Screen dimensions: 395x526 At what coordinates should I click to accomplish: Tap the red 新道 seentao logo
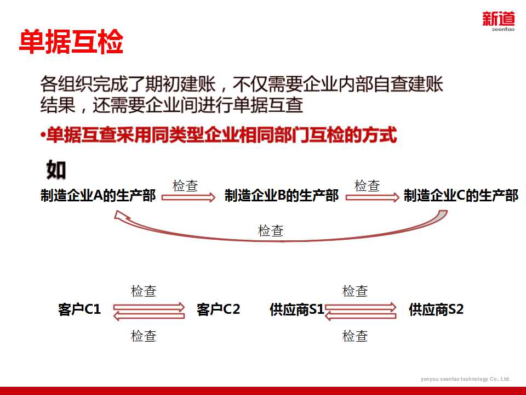(498, 22)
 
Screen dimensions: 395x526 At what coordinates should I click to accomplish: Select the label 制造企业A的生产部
(99, 196)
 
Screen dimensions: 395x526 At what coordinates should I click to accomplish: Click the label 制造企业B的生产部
(282, 196)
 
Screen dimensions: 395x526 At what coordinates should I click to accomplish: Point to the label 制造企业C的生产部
(461, 196)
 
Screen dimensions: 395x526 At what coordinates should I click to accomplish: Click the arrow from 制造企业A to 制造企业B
(188, 198)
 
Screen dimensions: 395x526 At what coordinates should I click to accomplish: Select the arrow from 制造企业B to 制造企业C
(372, 198)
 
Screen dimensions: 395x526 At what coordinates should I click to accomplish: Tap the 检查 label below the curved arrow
(271, 231)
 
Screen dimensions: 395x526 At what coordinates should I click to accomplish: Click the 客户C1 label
(79, 309)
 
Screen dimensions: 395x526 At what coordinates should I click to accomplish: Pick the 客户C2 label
(218, 309)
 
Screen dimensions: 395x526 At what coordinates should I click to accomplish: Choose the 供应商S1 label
(297, 310)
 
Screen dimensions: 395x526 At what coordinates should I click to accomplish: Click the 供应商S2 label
(436, 309)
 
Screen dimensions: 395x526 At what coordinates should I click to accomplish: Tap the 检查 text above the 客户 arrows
(144, 291)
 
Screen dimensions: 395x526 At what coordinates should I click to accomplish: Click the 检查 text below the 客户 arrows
(144, 336)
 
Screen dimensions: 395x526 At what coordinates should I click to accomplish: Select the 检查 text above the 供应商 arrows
(355, 291)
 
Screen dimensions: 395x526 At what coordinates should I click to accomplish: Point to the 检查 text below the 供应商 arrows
(355, 336)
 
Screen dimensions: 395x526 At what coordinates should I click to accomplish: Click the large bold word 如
(56, 170)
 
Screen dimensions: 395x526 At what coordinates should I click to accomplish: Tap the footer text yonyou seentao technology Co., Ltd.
(465, 379)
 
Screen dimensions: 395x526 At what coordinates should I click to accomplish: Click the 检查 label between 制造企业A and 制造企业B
(185, 185)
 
